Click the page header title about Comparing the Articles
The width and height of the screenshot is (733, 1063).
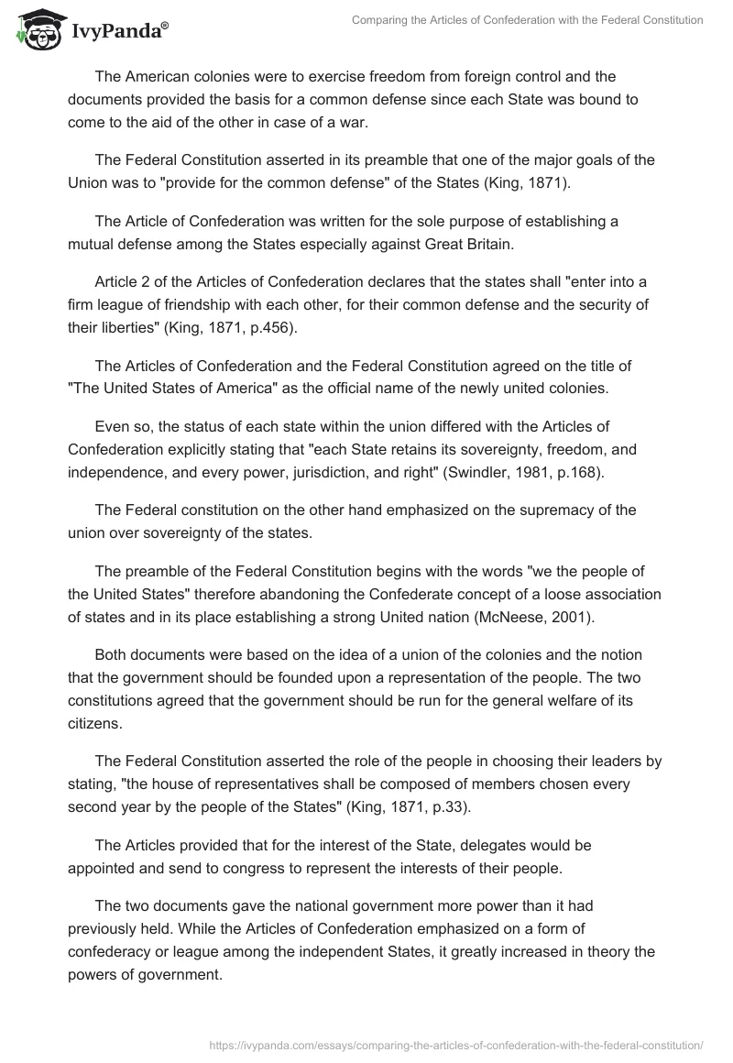[528, 20]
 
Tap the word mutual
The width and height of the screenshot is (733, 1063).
[93, 244]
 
